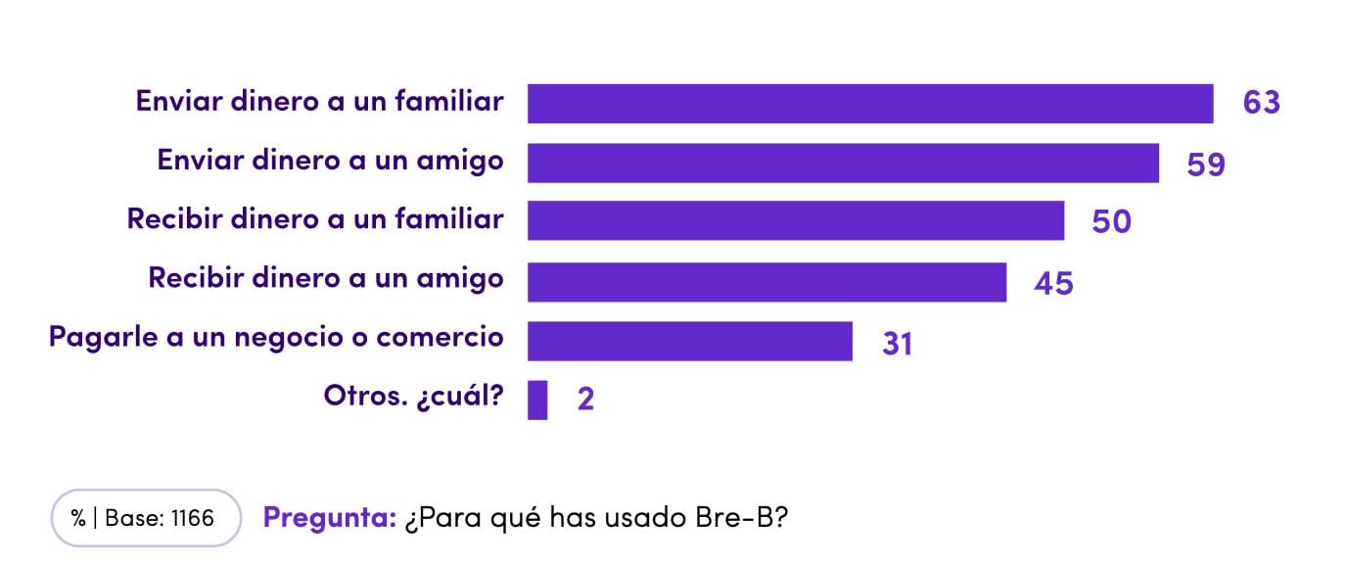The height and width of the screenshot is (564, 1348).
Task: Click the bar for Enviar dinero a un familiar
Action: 869,104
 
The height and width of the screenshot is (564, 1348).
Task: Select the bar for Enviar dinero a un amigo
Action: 843,164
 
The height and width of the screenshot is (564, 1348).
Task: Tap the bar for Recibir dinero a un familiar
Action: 795,221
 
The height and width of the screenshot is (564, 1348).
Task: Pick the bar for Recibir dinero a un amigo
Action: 767,282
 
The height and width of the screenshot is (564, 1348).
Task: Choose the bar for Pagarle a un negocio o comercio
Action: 689,341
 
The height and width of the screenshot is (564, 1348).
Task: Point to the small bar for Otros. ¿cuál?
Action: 537,399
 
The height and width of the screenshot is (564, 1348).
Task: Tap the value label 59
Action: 1205,164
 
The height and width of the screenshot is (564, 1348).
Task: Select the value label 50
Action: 1111,222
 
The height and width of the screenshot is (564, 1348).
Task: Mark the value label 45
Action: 1053,284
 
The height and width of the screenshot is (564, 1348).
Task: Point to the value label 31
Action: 896,344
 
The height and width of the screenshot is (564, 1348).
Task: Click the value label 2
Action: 585,400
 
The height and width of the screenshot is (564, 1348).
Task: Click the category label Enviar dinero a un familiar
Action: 319,101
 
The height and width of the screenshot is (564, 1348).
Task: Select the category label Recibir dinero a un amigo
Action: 325,278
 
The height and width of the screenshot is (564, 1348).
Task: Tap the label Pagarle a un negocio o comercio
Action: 276,338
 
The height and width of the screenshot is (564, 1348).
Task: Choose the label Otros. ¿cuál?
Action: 413,397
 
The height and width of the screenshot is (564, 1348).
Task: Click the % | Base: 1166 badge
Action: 145,518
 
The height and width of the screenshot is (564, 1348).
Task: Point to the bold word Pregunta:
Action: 329,518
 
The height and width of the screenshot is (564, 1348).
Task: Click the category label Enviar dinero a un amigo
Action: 330,161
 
